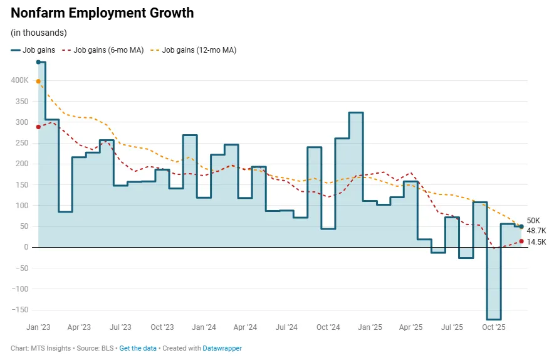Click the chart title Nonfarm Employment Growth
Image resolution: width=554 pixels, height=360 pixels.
102,13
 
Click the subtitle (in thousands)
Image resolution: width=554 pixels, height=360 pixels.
39,33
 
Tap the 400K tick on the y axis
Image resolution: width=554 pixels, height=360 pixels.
19,80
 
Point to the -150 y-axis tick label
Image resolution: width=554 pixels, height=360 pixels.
21,310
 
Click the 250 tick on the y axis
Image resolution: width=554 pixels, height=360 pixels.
23,143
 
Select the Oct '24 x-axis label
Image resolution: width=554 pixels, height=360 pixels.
328,327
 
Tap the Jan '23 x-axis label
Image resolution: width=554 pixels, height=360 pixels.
38,327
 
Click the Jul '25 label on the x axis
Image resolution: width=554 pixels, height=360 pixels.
452,327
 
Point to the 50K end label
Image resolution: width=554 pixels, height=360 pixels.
533,221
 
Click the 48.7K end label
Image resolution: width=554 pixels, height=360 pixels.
536,231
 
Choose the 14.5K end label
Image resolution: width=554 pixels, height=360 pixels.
536,241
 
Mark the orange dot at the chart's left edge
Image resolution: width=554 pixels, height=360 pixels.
38,82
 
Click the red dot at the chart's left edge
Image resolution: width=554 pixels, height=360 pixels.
38,127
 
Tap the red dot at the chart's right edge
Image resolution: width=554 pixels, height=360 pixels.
521,241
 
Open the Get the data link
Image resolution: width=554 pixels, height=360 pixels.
138,348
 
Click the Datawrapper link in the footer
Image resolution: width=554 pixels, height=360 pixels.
222,348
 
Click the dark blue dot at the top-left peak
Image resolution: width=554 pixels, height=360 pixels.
38,62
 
